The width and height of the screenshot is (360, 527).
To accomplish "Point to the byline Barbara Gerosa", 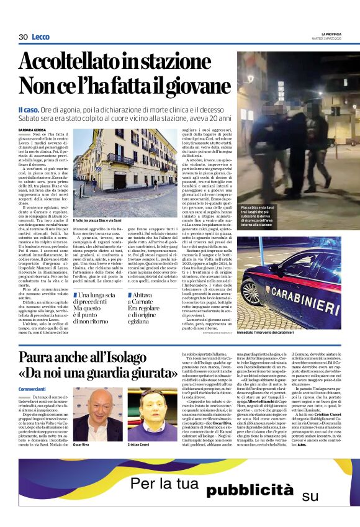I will (32, 129).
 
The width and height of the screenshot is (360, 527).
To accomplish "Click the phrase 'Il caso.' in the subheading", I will (30, 109).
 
